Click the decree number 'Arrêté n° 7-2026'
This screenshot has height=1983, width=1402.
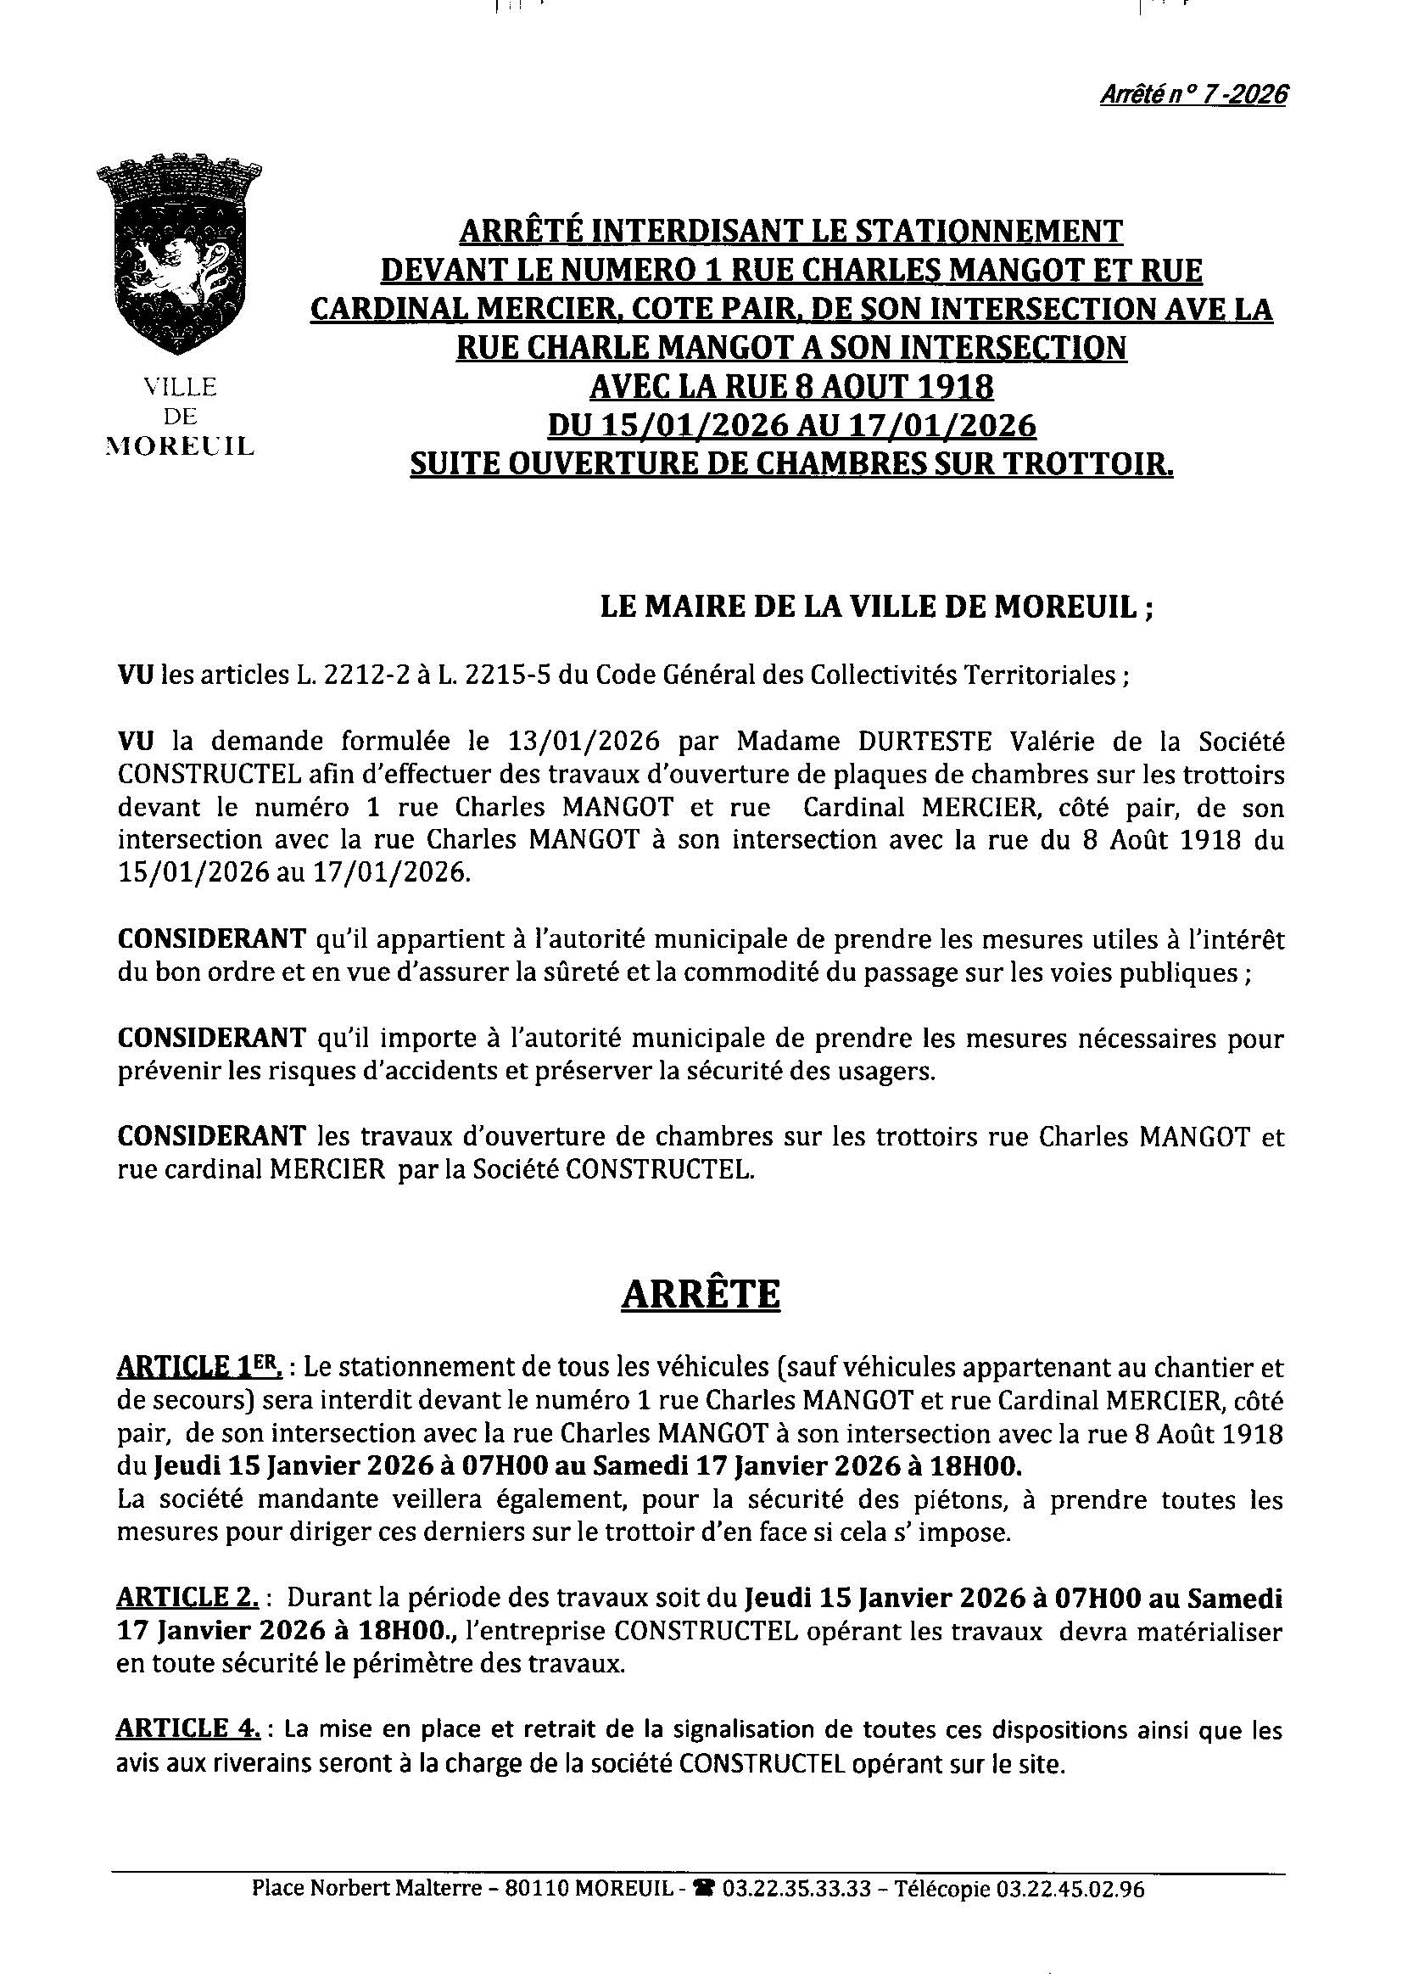[x=1193, y=94]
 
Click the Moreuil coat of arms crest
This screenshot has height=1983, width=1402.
[x=180, y=254]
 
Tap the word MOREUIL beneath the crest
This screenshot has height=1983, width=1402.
[x=180, y=446]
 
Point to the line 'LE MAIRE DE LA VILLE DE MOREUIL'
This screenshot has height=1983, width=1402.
[x=876, y=608]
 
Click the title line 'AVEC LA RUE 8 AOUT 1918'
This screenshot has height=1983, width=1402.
[x=790, y=387]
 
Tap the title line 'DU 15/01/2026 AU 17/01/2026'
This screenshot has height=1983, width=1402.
[x=790, y=426]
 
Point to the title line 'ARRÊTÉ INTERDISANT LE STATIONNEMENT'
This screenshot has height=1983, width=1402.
[x=790, y=232]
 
